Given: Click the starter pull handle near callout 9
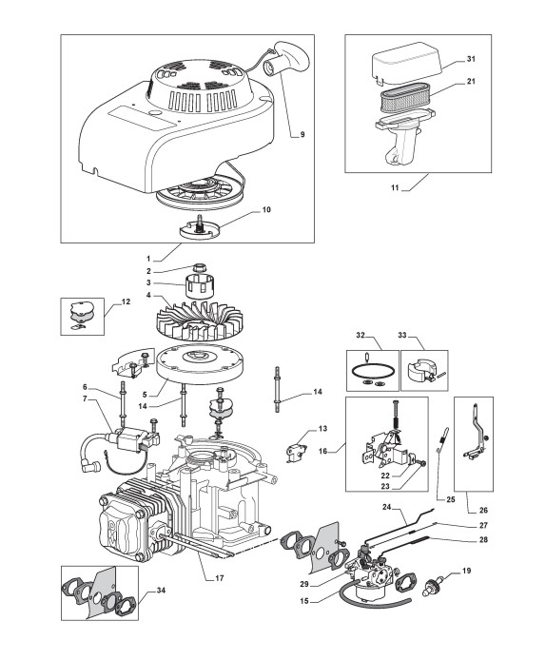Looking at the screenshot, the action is coord(287,58).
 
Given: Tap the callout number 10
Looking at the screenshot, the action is coord(266,209).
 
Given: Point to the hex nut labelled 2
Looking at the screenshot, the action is coord(199,267).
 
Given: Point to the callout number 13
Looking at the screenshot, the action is coord(322,429).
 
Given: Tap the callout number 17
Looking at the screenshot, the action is coord(219,578).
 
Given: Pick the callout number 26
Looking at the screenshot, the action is coord(483,510).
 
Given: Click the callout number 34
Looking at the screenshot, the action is coord(161,591).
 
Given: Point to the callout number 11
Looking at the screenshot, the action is coord(395,187).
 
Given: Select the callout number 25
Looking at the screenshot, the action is coord(451,499).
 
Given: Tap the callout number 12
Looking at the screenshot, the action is coord(126,301).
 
